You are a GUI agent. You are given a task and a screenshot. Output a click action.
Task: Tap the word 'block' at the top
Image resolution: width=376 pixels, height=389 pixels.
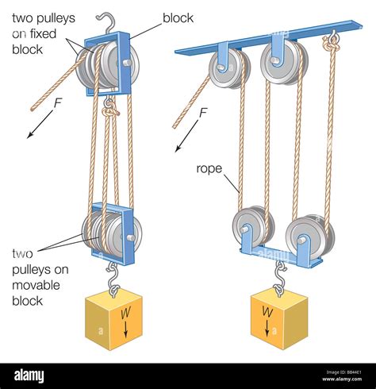pyautogui.click(x=178, y=17)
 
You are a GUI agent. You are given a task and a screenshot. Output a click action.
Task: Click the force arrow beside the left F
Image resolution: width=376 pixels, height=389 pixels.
pyautogui.click(x=36, y=127)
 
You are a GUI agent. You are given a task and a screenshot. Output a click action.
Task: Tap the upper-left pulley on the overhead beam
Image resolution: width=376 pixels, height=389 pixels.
pyautogui.click(x=229, y=67)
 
